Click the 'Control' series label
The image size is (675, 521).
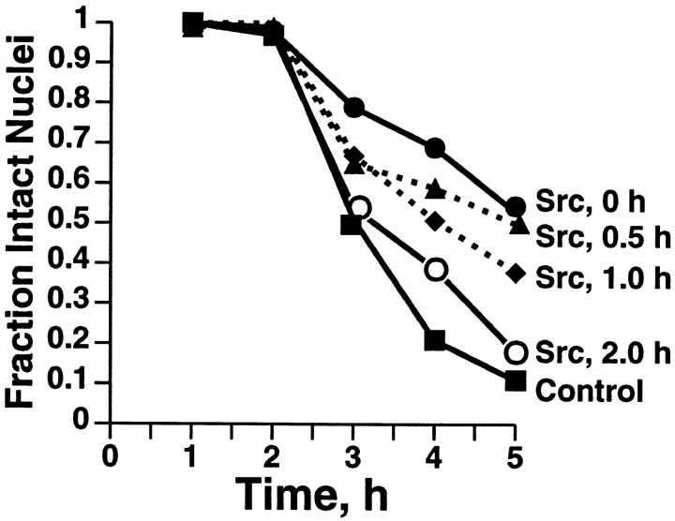(x=588, y=387)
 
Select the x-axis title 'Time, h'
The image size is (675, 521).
(x=311, y=489)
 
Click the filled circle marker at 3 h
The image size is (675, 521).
(x=353, y=108)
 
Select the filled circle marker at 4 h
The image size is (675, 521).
(x=434, y=148)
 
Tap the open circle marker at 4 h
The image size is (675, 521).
(x=435, y=270)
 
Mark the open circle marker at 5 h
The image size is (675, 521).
(x=515, y=352)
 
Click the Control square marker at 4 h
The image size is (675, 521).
(x=434, y=340)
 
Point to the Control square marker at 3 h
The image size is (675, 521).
(x=351, y=225)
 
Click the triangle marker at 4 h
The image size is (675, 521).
(x=434, y=188)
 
